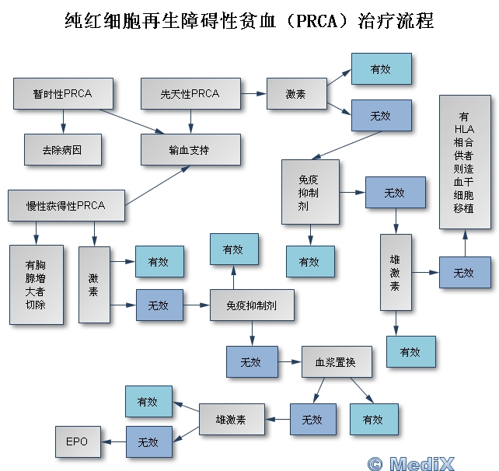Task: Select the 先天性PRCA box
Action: pos(190,94)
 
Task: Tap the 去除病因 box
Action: pos(62,148)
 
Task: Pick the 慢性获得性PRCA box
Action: pos(65,205)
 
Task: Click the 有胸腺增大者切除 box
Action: pos(35,284)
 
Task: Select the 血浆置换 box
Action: pos(330,362)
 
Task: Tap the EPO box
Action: pos(76,441)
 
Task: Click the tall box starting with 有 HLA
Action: pos(465,161)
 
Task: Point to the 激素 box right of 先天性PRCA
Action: pos(295,94)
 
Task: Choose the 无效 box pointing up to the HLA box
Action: pos(463,273)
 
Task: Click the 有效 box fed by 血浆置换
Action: pos(372,420)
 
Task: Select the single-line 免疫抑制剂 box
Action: pos(252,305)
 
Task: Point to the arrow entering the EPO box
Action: pos(113,441)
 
